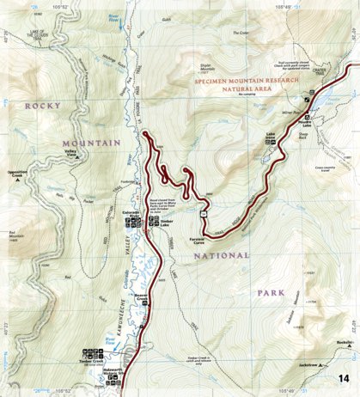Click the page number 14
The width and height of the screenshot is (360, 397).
[344, 379]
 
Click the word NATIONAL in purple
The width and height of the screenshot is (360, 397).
[221, 255]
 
